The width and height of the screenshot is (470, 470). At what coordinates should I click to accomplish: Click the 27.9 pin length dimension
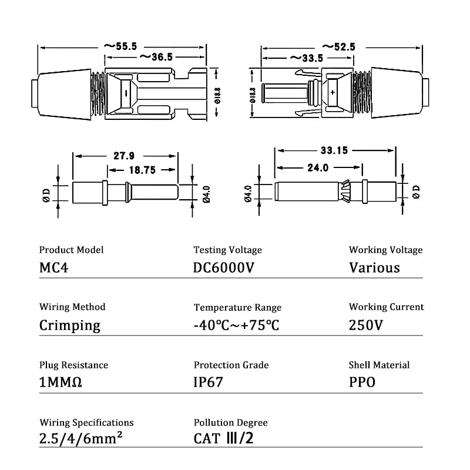pos(123,156)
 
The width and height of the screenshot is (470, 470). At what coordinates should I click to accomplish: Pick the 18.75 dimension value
pos(142,170)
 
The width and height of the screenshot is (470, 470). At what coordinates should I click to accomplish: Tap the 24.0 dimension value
pos(317,167)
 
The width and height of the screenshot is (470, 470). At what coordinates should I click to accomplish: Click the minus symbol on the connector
pos(124,93)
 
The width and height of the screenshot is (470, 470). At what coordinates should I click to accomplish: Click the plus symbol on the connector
pos(333,93)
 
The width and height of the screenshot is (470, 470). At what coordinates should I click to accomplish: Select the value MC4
pos(55,268)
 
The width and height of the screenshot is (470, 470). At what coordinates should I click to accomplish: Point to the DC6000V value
pos(224,268)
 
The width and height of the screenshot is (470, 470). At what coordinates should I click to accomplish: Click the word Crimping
pos(69,325)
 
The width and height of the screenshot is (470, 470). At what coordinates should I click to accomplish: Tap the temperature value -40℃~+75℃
pos(236,325)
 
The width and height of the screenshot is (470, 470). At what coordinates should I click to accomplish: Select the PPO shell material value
pos(362,382)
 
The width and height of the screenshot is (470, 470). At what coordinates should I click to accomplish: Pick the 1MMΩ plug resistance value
pos(61,382)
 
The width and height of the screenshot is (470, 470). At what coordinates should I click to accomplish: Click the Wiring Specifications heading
pos(86,422)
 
